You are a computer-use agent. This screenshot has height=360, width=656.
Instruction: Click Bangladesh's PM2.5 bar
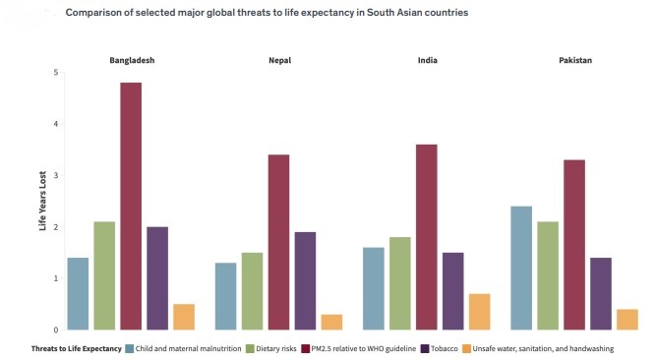point(131,207)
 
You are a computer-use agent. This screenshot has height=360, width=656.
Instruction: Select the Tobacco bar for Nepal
point(305,280)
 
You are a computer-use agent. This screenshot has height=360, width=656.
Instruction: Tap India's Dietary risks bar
point(400,283)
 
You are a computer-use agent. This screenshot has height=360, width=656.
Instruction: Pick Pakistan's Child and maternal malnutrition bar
point(521,268)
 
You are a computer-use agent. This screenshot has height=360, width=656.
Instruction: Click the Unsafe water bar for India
point(479,311)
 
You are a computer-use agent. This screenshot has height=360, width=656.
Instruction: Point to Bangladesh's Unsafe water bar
point(184,317)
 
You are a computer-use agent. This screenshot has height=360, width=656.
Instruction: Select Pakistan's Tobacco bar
point(601,293)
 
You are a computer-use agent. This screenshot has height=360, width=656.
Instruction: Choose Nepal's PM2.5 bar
point(278,242)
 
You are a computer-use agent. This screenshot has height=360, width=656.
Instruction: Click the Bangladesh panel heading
point(131,61)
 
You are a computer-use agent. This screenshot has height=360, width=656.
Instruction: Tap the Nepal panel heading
point(279,61)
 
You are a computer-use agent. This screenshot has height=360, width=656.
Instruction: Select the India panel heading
point(427,61)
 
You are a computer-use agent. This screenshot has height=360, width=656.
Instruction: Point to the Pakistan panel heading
point(574,61)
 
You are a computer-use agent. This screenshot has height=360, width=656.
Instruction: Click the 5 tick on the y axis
point(56,73)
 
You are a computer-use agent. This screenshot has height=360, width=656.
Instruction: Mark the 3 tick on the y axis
point(56,176)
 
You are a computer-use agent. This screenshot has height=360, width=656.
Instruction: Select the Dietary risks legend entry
point(275,349)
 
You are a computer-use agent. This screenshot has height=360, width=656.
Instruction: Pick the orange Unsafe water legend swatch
point(468,349)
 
